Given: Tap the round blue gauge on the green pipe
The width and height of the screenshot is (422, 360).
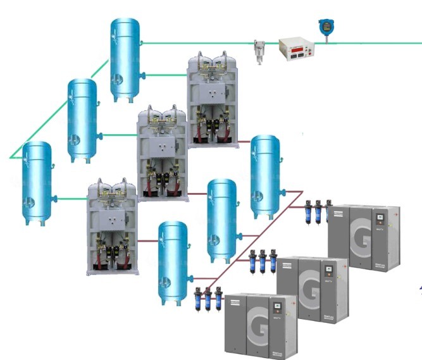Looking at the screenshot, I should click(x=326, y=27).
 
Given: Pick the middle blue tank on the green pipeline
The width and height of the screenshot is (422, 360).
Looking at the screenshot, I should click(x=82, y=120).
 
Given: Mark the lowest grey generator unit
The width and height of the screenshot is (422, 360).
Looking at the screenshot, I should click(x=112, y=227).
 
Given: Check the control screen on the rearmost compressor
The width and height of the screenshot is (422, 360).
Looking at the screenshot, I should click(x=380, y=220).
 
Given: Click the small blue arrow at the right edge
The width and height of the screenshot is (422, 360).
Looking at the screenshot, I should click(x=419, y=290).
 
